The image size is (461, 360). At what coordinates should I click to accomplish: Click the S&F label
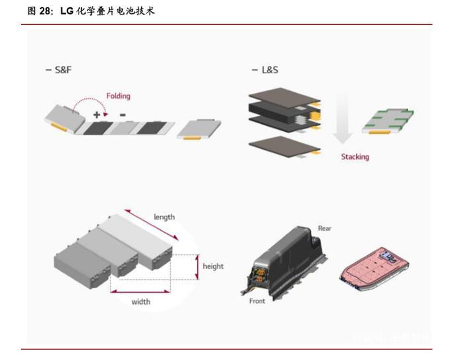(x=61, y=70)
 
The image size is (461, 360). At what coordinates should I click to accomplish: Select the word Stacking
(x=355, y=157)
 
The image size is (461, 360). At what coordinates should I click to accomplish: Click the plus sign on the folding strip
(x=96, y=115)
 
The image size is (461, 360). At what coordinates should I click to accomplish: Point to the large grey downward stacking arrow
(x=343, y=119)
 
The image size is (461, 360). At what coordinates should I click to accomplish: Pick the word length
(x=164, y=217)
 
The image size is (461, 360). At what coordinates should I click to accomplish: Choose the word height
(x=213, y=266)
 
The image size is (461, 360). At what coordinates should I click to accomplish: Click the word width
(x=140, y=302)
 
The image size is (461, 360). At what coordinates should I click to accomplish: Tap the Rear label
(x=324, y=229)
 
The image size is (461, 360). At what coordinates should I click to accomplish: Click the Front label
(x=257, y=301)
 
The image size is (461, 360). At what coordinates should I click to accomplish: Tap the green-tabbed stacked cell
(x=388, y=120)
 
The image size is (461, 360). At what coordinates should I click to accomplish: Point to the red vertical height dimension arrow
(x=197, y=266)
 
